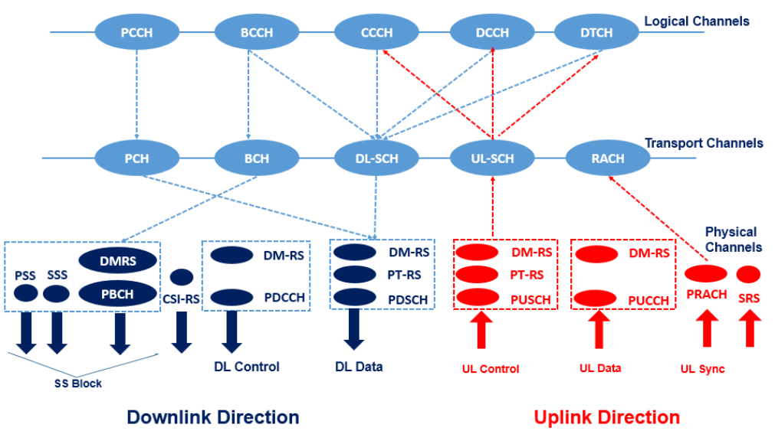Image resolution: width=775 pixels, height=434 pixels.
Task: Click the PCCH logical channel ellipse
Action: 136,32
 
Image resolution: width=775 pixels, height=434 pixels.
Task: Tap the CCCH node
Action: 376,32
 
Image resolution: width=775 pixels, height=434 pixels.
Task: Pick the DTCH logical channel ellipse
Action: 595,32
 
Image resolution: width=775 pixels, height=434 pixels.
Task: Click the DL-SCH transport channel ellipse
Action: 376,158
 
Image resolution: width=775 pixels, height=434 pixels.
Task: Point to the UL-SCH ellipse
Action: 491,158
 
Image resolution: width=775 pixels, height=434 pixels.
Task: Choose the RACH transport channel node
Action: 607,158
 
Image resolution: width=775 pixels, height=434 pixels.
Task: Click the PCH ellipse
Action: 136,158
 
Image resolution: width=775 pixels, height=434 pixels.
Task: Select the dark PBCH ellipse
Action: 118,293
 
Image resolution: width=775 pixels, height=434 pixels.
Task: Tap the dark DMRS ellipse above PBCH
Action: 118,260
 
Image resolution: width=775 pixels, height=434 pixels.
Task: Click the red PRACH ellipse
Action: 705,273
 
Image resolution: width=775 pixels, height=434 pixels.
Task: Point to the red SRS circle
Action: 748,273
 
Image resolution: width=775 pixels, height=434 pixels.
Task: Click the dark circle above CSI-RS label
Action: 181,276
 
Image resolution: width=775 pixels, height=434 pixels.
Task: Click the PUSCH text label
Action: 530,299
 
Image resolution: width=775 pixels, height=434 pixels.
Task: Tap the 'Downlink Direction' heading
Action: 212,417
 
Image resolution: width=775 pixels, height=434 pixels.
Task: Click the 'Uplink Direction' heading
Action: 606,417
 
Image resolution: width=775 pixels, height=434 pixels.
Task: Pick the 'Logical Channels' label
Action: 696,21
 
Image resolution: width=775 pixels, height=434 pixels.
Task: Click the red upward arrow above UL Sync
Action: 706,330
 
